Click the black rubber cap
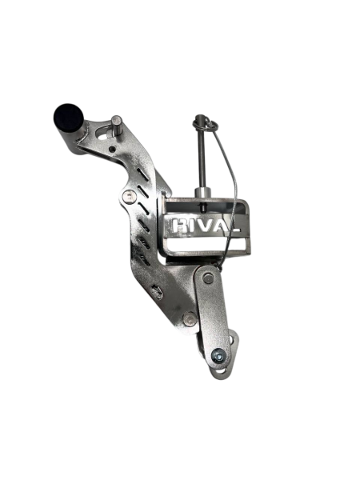[x=69, y=118]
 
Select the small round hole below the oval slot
[x=113, y=149]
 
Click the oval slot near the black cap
[x=103, y=132]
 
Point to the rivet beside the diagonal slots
[x=129, y=196]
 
